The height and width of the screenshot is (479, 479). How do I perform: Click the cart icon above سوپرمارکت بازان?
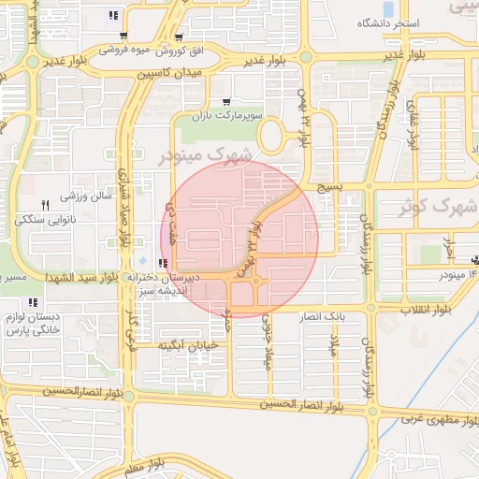coord(227,102)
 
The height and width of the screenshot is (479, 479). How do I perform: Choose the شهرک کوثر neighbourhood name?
coord(445,206)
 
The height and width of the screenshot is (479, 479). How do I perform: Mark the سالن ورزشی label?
coord(86,197)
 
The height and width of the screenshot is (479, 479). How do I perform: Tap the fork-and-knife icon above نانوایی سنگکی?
coord(44,205)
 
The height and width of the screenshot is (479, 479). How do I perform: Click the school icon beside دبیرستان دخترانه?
coord(165,264)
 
